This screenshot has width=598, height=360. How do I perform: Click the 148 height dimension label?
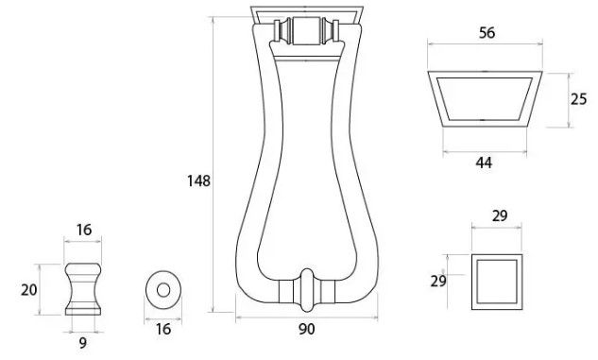[198, 180]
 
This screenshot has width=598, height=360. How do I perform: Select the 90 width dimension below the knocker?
[307, 329]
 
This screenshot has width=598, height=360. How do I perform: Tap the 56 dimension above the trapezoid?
[487, 33]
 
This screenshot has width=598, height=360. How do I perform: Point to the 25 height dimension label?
[578, 99]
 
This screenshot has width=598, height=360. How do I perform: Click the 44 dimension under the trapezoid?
[484, 163]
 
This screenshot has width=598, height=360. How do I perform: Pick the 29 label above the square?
[500, 216]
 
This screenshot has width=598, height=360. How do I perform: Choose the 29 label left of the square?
[438, 282]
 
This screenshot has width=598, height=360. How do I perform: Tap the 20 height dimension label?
[29, 290]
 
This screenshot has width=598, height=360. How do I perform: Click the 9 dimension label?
[83, 343]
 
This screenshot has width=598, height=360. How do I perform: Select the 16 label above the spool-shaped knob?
[84, 230]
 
